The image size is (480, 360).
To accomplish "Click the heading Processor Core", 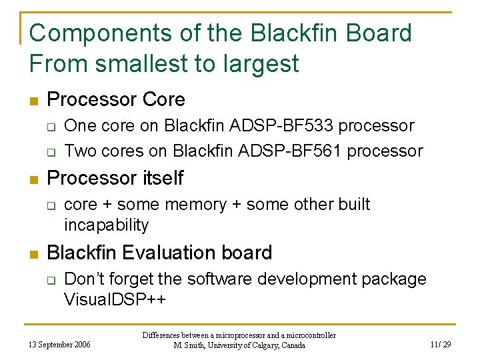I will (x=116, y=99).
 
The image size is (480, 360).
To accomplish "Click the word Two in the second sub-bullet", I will (x=81, y=151).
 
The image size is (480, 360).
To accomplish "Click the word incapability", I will (x=106, y=225).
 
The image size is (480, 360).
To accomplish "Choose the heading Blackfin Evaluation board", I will (x=159, y=253).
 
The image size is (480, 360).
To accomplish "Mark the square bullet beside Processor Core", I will (x=33, y=101).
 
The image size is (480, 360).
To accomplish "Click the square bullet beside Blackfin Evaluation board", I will (x=33, y=254).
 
